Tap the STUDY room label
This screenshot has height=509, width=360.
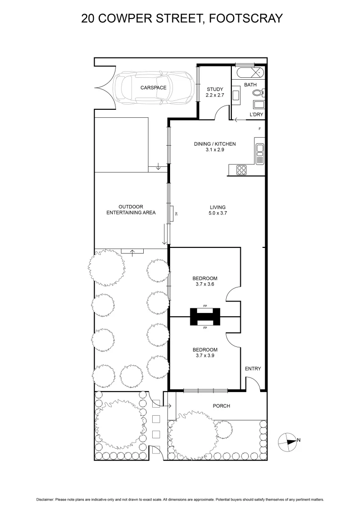[215, 89]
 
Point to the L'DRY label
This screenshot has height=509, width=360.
[256, 115]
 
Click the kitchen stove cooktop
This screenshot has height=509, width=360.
[242, 170]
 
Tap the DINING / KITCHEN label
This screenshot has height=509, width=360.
[214, 144]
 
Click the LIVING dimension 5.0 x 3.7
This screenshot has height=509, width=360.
[218, 213]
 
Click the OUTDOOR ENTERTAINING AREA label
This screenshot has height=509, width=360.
[131, 210]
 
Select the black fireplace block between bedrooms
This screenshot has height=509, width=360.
[205, 316]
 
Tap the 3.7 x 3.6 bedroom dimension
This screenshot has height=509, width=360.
[205, 284]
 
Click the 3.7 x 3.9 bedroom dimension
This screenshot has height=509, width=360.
[205, 355]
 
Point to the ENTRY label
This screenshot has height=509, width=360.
[253, 369]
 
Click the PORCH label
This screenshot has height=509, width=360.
[221, 406]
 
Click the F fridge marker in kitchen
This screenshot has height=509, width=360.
[259, 129]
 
